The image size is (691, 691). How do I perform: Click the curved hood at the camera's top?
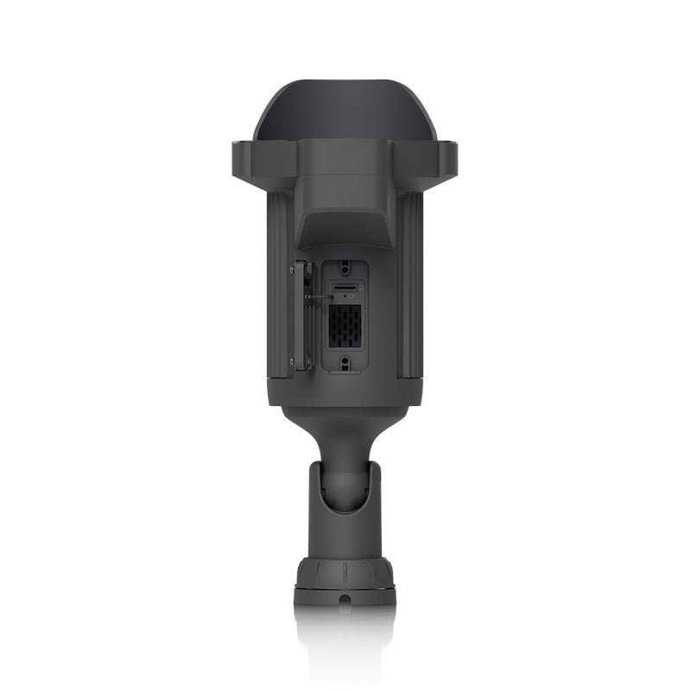(345, 108)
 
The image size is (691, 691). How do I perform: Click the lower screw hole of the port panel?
(345, 364)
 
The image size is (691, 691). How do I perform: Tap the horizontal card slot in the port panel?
(345, 286)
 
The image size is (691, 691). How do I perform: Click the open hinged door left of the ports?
(301, 315)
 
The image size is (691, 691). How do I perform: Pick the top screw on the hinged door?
(293, 269)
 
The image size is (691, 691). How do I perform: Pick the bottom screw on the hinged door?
(293, 361)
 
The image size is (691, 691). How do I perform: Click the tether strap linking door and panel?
(316, 295)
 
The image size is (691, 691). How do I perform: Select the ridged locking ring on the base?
(345, 572)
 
